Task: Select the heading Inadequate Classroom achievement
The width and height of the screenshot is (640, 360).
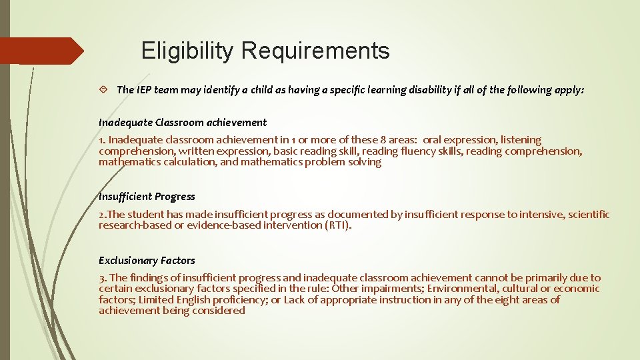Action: click(182, 122)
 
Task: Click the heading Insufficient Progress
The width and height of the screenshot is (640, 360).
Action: click(147, 196)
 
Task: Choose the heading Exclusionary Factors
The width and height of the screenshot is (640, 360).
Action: click(147, 260)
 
